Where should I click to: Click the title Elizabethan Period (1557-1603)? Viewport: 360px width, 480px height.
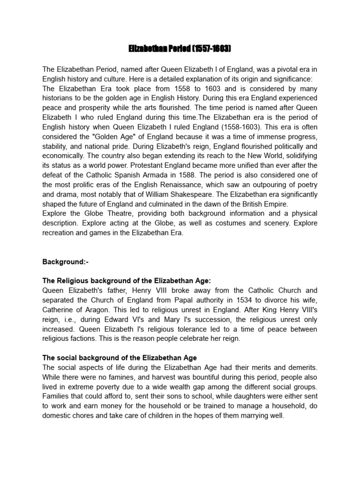tap(180, 49)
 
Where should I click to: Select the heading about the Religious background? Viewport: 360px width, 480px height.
tap(127, 280)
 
